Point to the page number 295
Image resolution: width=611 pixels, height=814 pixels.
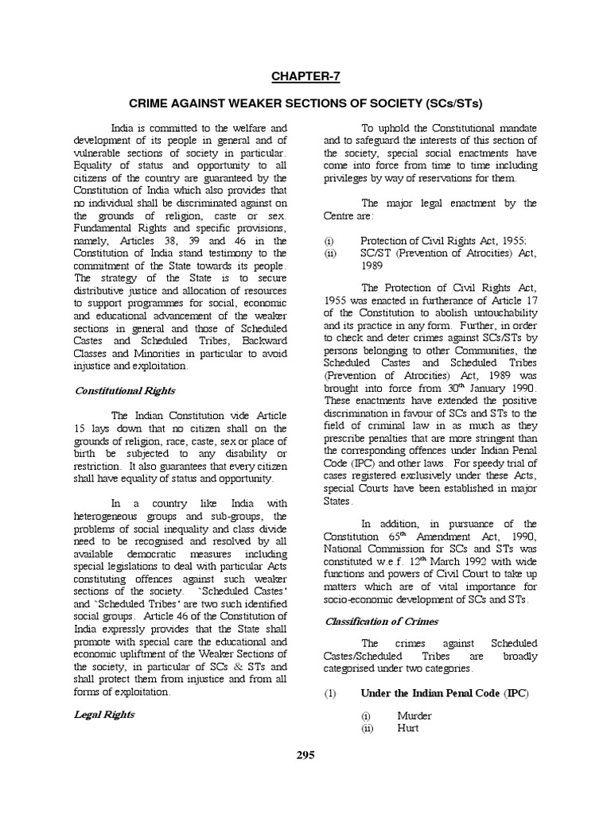pos(305,754)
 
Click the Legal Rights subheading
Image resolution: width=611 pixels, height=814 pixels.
pos(105,714)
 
